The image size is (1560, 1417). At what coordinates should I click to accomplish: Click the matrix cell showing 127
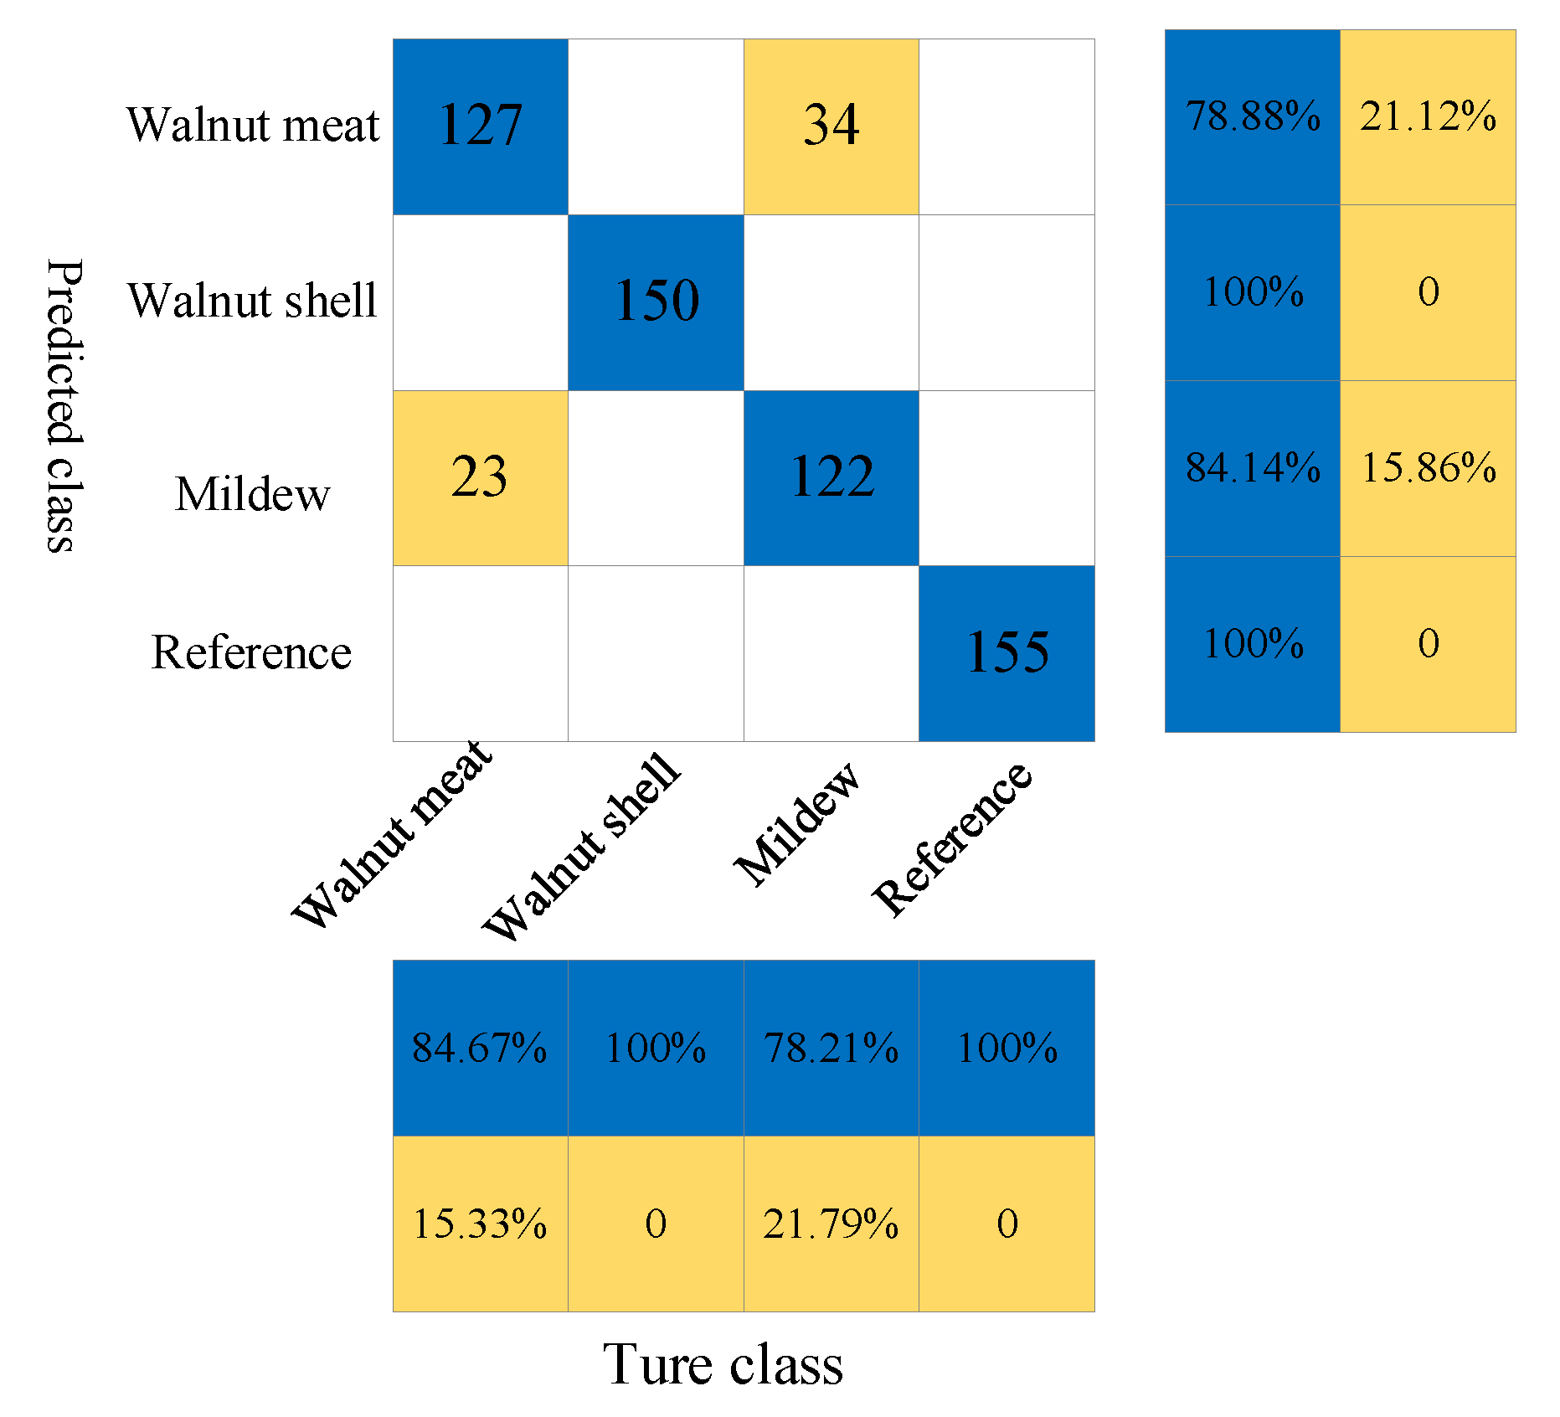tap(480, 126)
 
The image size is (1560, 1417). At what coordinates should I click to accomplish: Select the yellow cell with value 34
tap(831, 126)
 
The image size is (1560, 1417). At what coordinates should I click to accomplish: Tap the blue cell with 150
tap(656, 301)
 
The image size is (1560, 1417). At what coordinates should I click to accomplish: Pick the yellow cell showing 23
tap(480, 477)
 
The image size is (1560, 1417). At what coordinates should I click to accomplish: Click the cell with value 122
tap(831, 477)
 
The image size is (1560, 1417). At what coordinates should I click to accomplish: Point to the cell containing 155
tap(1007, 653)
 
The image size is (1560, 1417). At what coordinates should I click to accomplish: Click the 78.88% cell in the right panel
tap(1252, 116)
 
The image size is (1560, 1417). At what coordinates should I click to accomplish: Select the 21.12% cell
tap(1428, 116)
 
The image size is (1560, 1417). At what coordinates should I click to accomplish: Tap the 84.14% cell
tap(1252, 468)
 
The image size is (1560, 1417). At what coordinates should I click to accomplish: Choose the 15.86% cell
tap(1428, 468)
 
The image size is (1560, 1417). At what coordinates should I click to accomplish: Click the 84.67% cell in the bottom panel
tap(480, 1048)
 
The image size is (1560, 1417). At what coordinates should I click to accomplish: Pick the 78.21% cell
tap(831, 1048)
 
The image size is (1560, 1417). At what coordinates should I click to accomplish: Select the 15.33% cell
tap(480, 1224)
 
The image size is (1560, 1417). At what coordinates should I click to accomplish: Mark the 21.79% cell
tap(831, 1224)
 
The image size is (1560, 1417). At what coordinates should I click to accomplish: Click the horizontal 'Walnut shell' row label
tap(252, 301)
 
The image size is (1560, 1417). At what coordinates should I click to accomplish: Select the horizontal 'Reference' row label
tap(251, 652)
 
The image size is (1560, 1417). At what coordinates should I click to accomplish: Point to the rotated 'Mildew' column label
tap(796, 824)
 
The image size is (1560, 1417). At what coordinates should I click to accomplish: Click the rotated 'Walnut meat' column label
tap(392, 834)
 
